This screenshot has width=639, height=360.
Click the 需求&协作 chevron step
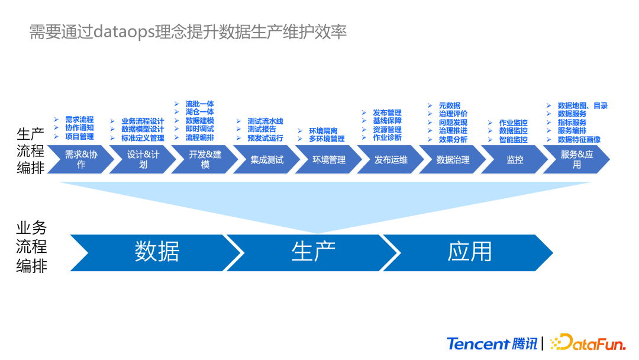coord(80,160)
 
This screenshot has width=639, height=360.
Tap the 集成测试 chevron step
coord(266,160)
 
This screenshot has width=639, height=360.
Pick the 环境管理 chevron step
coord(329,160)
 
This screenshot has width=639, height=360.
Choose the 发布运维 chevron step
coord(390,160)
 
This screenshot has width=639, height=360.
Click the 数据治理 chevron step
coord(453,160)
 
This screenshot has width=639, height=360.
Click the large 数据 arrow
coord(157,252)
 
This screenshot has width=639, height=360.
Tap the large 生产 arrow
coord(313,252)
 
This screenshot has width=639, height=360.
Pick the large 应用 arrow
coord(469,252)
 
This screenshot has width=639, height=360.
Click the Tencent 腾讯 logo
coord(492,343)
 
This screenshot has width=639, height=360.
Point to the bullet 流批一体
coord(199,104)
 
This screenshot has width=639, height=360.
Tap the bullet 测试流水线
coord(265,121)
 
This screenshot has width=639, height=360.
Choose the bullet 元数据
coord(449,105)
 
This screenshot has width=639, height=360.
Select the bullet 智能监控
coord(513,140)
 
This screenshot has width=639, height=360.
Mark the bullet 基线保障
coord(387,121)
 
